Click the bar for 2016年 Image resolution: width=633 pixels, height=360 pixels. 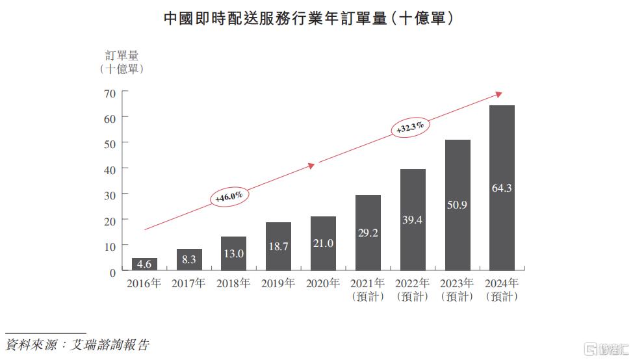[144, 264]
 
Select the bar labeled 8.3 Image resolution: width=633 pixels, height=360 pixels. [189, 259]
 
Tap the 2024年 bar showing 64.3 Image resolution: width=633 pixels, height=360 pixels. [502, 188]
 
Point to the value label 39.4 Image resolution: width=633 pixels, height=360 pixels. [412, 220]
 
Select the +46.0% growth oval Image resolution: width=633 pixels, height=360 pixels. [229, 196]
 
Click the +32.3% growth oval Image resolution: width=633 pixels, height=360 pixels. [410, 126]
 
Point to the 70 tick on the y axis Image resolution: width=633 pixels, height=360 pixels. [109, 93]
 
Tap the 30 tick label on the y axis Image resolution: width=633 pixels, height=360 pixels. [109, 195]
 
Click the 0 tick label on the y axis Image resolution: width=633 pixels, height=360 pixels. [112, 272]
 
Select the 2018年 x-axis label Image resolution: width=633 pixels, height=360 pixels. [233, 283]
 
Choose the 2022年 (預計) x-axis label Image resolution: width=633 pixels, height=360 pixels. [412, 290]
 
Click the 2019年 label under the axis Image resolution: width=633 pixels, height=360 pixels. [278, 283]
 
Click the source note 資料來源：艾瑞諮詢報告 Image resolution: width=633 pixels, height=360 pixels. [77, 344]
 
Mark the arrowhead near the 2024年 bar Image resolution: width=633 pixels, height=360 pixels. [498, 94]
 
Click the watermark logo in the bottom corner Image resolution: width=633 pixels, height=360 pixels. [605, 348]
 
